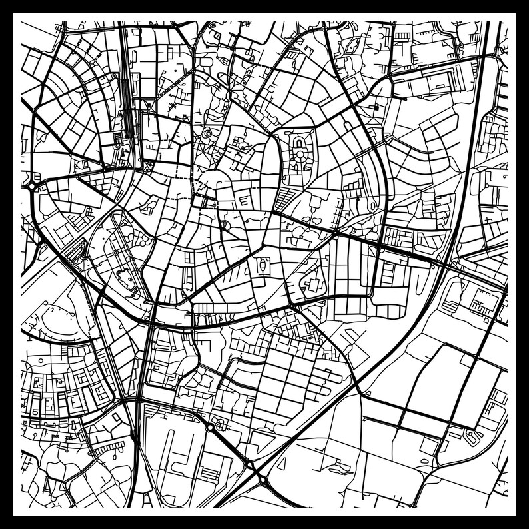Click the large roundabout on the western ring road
coord(32,187)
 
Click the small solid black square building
coord(375,106)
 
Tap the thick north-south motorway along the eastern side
coord(466,167)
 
